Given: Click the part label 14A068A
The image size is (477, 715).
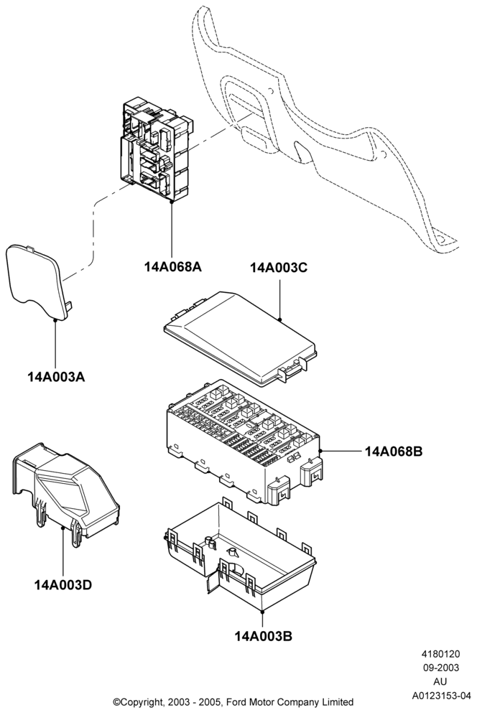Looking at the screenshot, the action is pos(173,266).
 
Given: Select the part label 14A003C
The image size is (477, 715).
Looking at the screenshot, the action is pos(279,268).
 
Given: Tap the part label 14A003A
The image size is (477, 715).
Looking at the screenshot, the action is pos(56,377).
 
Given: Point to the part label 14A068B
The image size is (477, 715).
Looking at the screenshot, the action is pos(394,452).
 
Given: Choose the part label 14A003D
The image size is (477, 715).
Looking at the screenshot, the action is pos(63,584).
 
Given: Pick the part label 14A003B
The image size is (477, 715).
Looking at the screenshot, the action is pos(264,635).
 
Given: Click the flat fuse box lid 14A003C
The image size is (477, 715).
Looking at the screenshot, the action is pos(240,338).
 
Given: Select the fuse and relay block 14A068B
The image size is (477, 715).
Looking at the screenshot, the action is pos(244,441).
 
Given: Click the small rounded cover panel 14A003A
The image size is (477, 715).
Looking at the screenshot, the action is pos(37,278).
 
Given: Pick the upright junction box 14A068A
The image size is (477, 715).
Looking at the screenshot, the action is pos(155,148).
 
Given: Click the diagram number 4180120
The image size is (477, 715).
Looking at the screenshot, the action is pos(440,654).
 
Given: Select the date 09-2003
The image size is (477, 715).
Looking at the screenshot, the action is pos(440,668).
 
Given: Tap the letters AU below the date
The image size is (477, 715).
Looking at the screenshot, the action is pos(440,682).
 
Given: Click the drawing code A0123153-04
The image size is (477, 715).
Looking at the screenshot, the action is pos(441,696).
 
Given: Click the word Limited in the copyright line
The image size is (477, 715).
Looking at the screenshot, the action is pos(338,702).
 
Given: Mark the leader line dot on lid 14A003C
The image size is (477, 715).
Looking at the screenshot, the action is pos(279,319).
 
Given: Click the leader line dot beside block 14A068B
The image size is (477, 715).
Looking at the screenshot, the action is pos(321,451).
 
